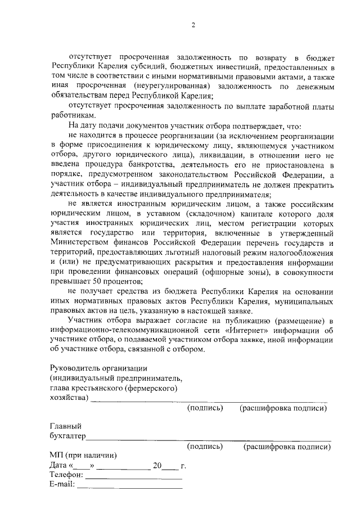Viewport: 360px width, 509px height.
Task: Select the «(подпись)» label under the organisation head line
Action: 205,408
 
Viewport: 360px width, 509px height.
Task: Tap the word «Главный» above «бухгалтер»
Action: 63,426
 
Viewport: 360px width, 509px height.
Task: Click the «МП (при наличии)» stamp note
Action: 78,455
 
